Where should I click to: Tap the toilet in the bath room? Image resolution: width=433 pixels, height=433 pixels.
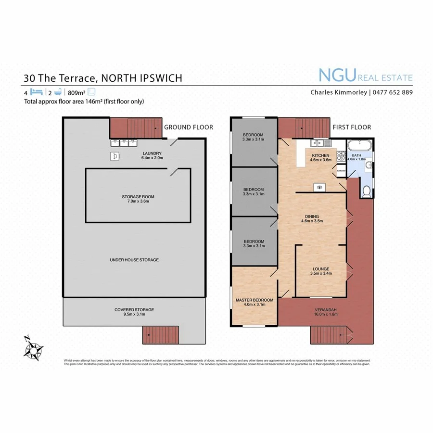[367, 191]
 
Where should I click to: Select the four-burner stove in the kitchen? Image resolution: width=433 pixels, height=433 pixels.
[341, 156]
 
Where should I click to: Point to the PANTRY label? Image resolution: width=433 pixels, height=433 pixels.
[341, 170]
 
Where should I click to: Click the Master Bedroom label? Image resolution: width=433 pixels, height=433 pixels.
[254, 300]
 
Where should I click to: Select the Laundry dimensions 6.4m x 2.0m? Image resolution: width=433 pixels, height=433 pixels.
[153, 158]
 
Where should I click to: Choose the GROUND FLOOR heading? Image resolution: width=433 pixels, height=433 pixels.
[189, 127]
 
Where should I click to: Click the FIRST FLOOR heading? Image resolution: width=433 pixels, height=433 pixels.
[352, 127]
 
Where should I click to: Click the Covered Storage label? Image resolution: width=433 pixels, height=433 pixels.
[134, 309]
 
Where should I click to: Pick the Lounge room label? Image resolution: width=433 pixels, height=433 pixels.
[320, 269]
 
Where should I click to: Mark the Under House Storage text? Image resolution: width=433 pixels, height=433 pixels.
[134, 260]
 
